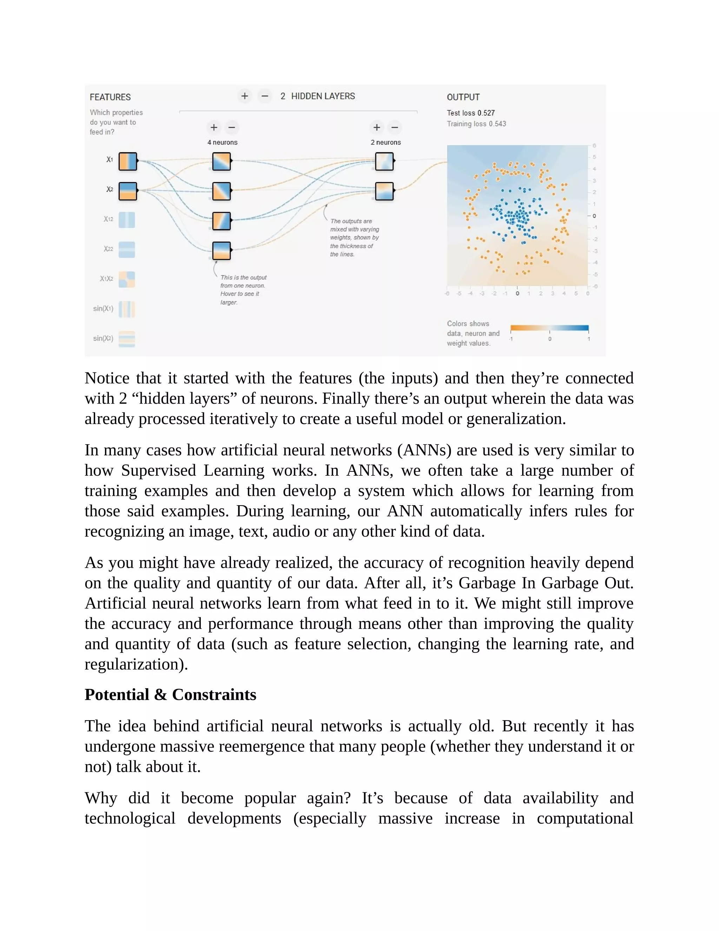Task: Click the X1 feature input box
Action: tap(127, 161)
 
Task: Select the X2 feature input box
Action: tap(127, 191)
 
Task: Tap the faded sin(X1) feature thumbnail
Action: tap(126, 309)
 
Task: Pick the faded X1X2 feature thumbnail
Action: tap(126, 279)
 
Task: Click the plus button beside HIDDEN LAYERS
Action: tap(244, 96)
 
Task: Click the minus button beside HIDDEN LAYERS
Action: tap(264, 96)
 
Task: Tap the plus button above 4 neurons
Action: tap(214, 127)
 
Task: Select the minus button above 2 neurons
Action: tap(395, 127)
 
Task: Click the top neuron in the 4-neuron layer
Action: tap(222, 161)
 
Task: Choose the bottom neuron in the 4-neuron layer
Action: tap(222, 250)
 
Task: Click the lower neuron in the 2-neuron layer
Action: tap(384, 191)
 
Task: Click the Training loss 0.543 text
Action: tap(476, 124)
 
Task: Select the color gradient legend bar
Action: tap(549, 328)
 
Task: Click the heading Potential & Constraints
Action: tap(170, 695)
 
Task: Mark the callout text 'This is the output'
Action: tap(243, 278)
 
